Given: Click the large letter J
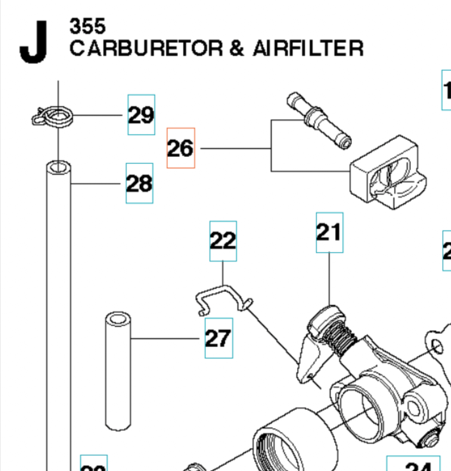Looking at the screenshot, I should coord(34,42).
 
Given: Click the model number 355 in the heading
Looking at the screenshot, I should coord(87,26).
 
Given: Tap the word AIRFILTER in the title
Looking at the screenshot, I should coord(308,48).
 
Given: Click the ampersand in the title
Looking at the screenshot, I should coord(237,48).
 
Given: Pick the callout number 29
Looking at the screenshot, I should coord(141,115).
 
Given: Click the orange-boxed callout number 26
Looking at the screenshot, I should coord(180,148).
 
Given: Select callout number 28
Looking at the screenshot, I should coord(139,183).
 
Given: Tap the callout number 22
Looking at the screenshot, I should coord(223,241).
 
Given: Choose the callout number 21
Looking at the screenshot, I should coord(330,232).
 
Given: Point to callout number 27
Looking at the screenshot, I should coord(219,338).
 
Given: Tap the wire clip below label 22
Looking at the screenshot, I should coord(221,297).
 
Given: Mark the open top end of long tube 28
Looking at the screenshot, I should coord(58,168).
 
